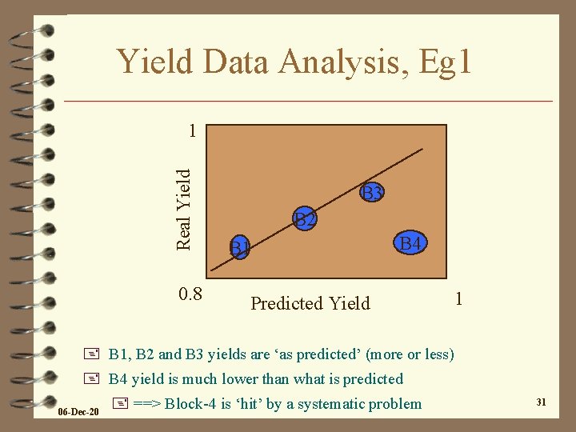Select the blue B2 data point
pos(304,218)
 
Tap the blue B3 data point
pos(372,192)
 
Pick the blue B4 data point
pos(411,242)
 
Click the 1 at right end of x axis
pos(458,298)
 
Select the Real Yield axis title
pos(183,207)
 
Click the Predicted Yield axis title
pos(310,303)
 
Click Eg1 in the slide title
pos(438,62)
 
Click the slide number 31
pos(541,402)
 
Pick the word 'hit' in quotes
pos(249,403)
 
